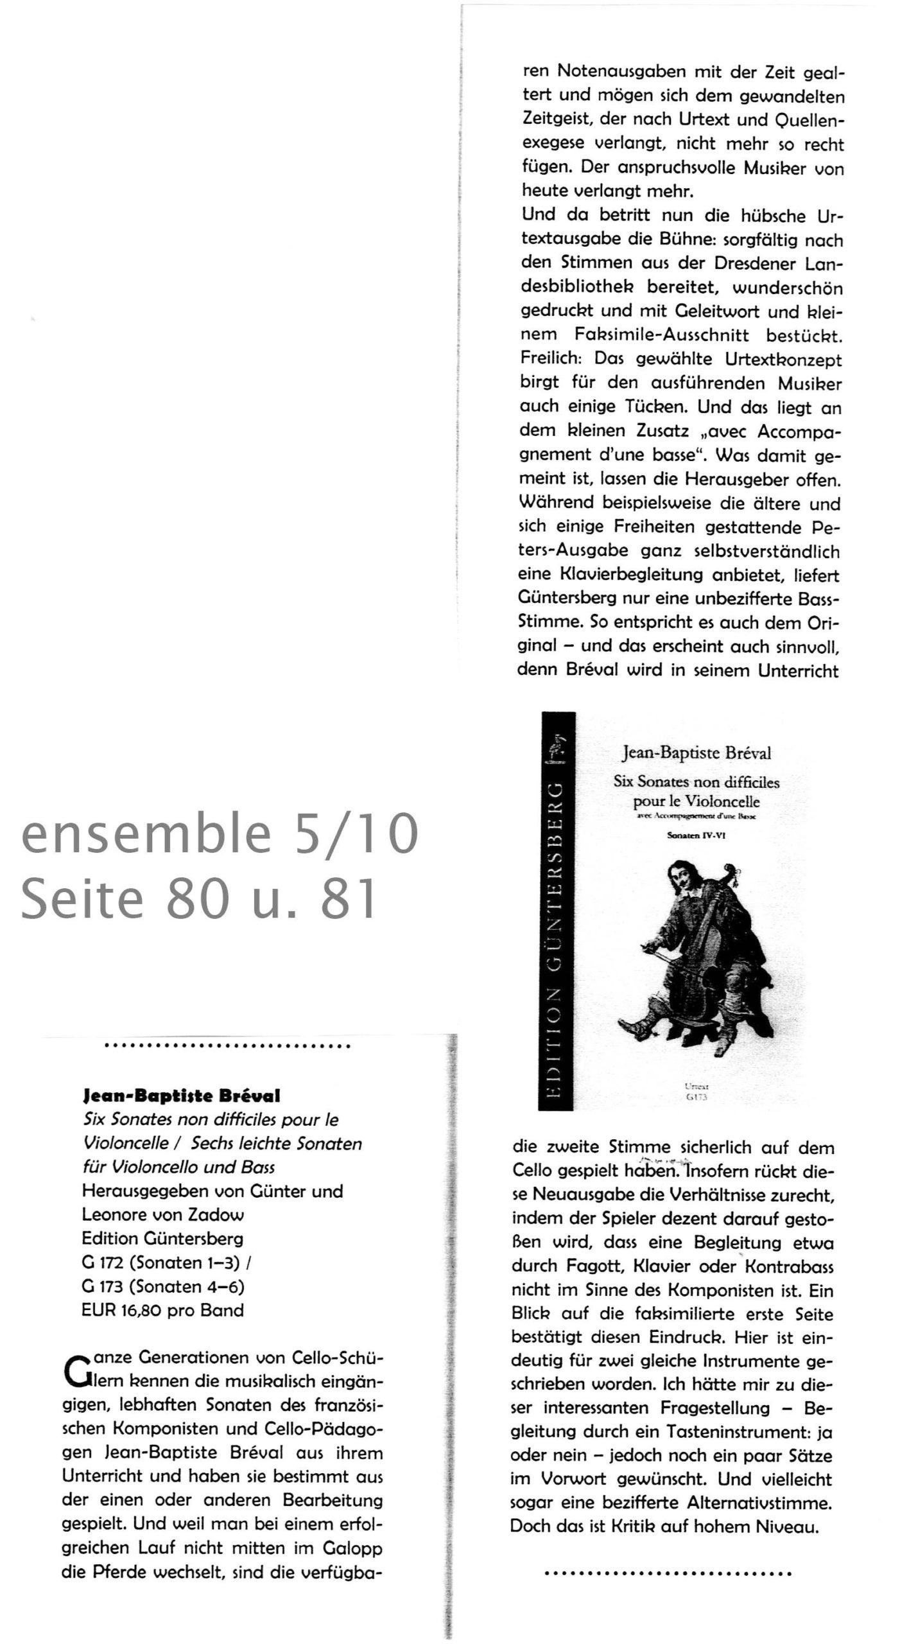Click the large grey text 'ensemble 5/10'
tap(220, 835)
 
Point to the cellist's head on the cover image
tap(679, 875)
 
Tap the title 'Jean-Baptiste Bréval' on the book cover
tap(697, 753)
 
